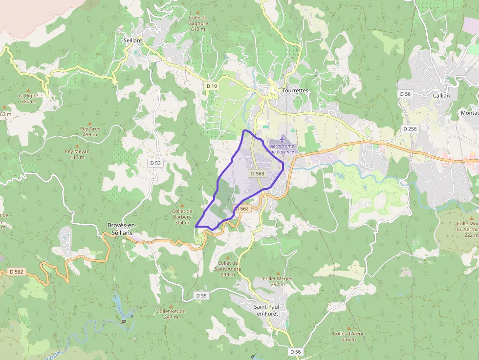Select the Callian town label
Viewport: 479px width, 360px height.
coord(441,96)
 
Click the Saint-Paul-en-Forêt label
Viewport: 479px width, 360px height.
coord(266,310)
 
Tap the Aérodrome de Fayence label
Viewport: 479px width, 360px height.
coord(282,149)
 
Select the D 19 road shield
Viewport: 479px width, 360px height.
coord(212,86)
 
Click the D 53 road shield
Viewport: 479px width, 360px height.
coord(155,163)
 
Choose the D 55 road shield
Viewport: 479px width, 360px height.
coord(201,296)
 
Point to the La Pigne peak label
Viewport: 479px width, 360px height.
coord(28,98)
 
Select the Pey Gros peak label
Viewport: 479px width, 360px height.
coord(90,131)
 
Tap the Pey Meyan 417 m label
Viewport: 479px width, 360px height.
coord(77,154)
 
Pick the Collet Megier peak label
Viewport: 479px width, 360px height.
coord(278,281)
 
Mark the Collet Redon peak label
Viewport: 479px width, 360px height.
coord(171,314)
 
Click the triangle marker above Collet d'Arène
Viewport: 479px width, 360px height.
coord(348,328)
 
